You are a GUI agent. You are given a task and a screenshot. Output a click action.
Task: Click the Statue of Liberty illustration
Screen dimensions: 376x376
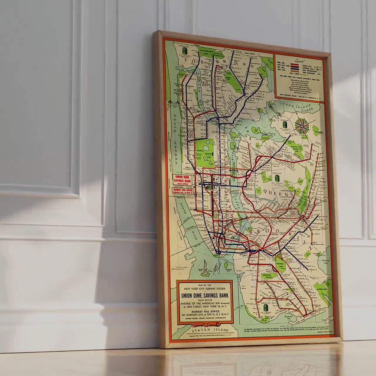[203, 269]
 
